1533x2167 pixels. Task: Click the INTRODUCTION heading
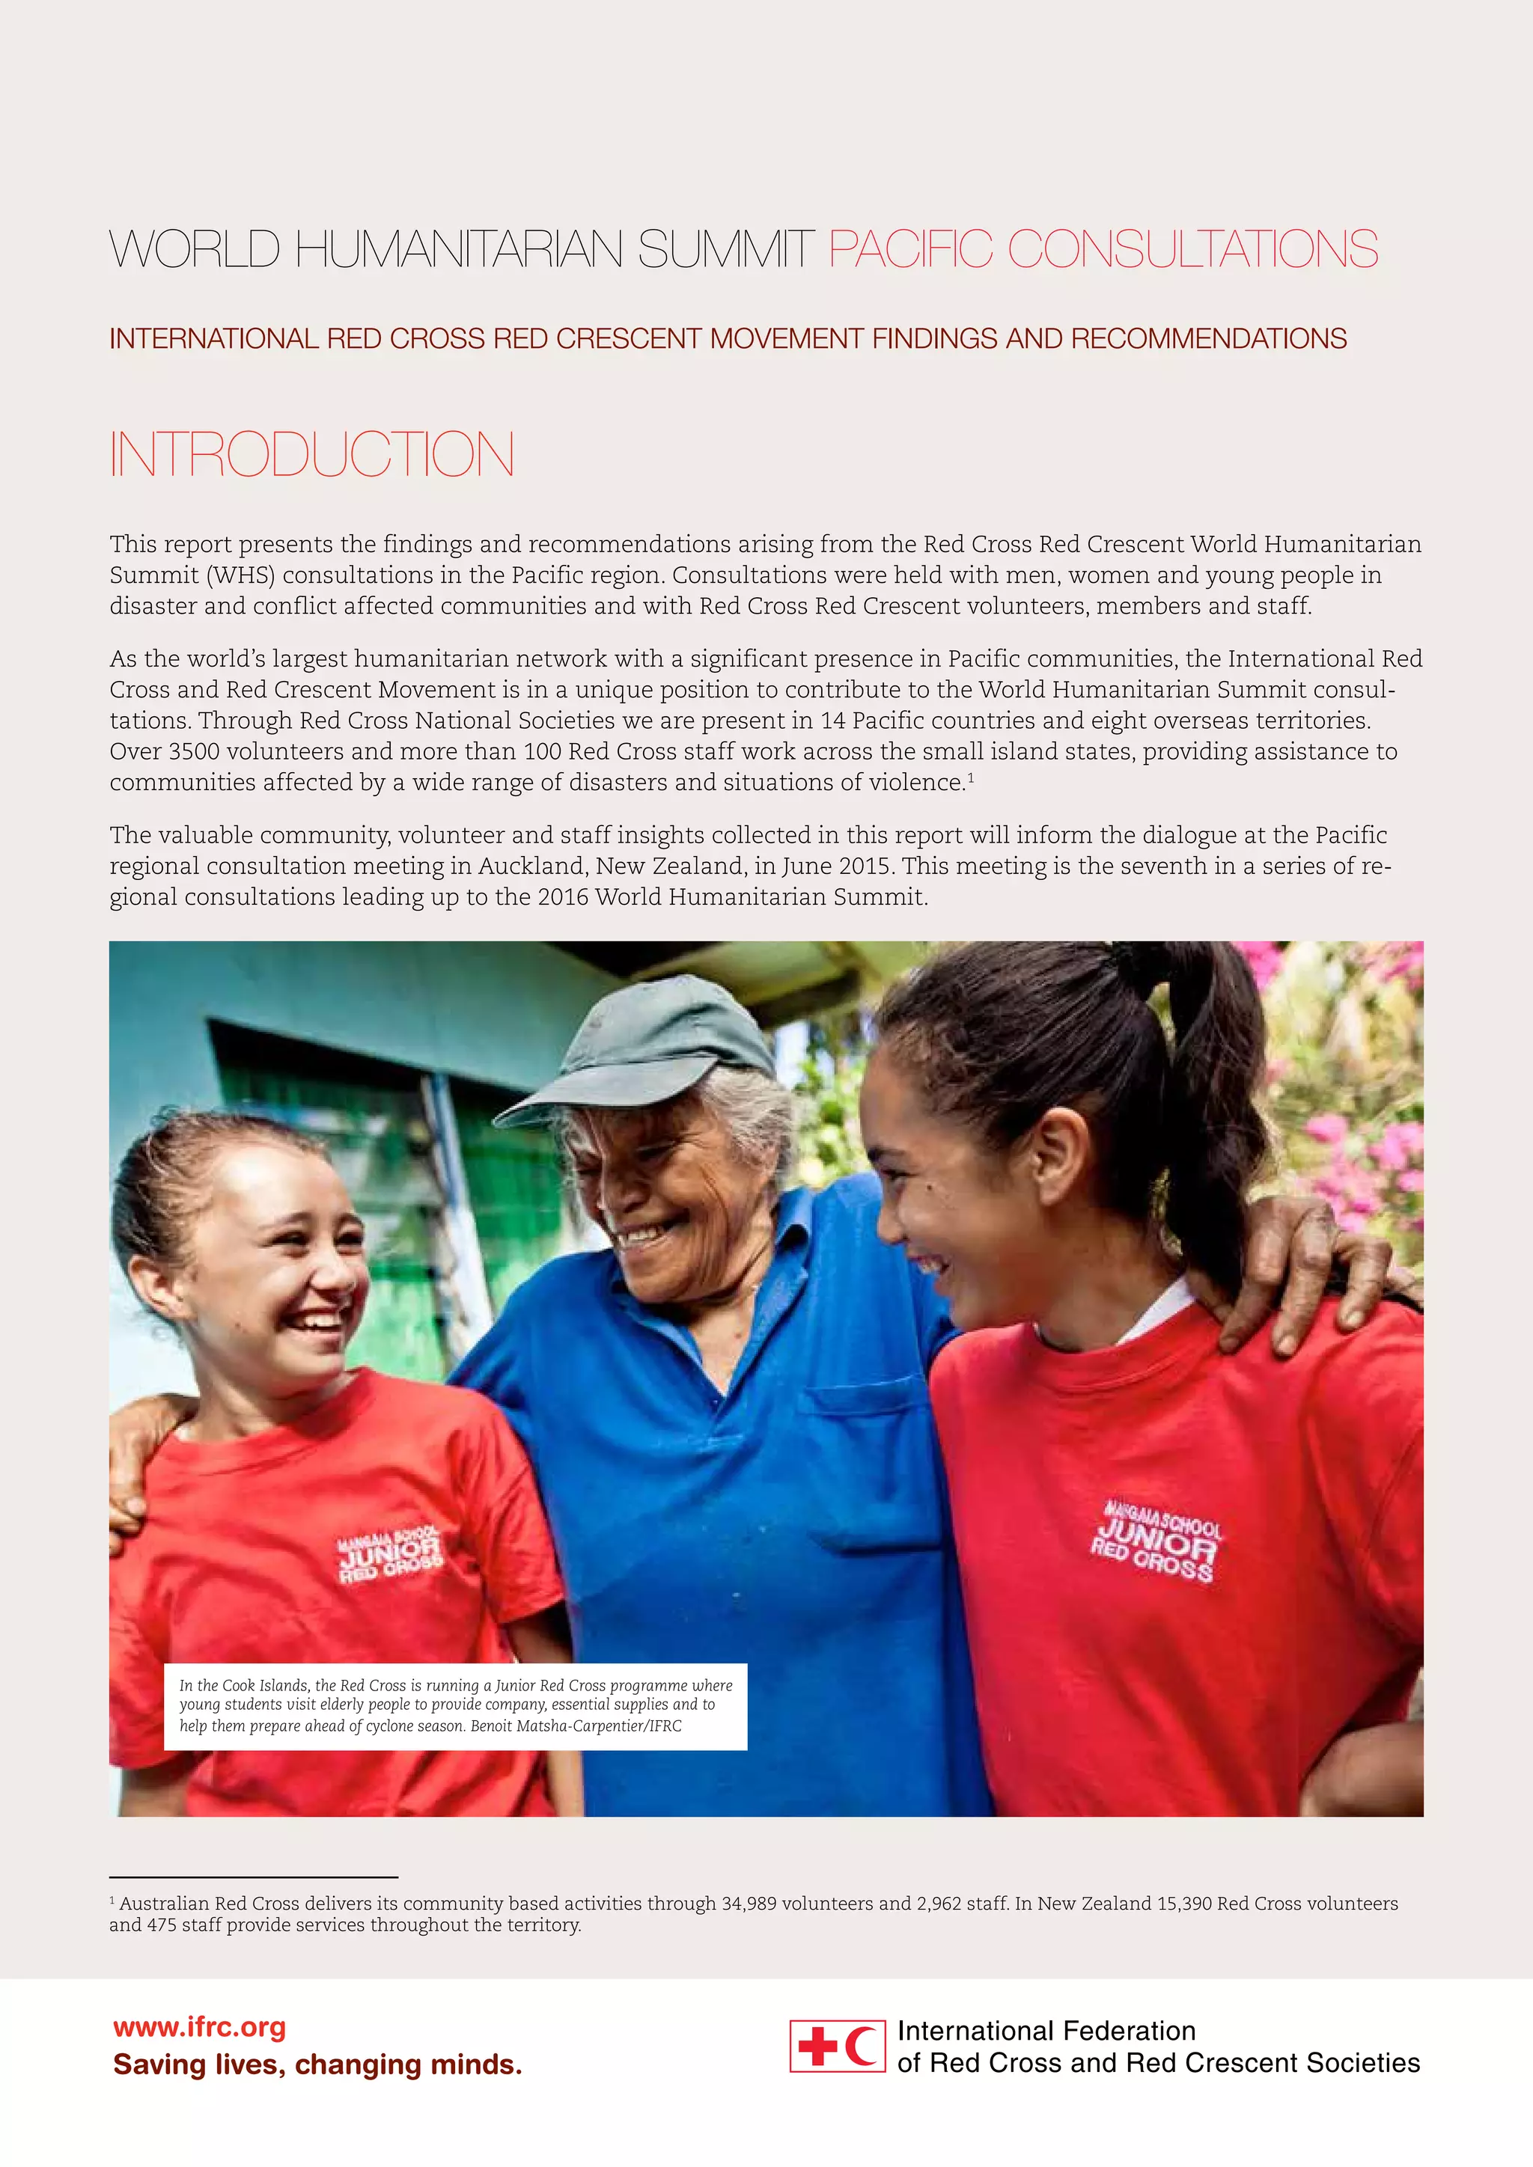311,455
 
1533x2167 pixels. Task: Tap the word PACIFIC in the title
910,250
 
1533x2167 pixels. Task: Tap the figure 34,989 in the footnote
751,1904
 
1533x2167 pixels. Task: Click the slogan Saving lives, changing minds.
317,2065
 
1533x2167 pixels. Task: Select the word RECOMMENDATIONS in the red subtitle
1209,339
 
